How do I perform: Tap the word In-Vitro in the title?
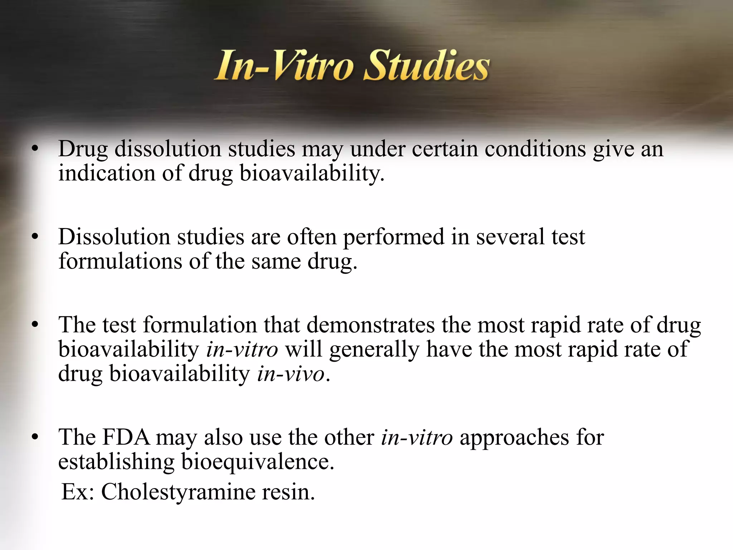(285, 66)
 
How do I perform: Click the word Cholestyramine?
(178, 492)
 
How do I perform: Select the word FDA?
(126, 437)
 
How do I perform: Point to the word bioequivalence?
(258, 462)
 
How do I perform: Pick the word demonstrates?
(370, 325)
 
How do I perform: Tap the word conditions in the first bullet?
(535, 149)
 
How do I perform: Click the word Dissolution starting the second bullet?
(114, 237)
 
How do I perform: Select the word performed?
(394, 237)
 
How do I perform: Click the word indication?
(107, 173)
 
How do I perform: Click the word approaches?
(514, 438)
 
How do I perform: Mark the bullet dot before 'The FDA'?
(35, 438)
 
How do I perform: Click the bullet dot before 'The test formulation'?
(35, 325)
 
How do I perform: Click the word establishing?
(116, 462)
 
